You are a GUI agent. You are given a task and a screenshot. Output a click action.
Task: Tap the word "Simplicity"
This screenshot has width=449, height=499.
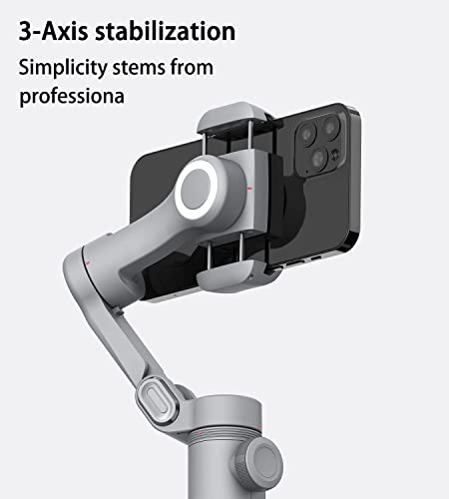(x=62, y=69)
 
